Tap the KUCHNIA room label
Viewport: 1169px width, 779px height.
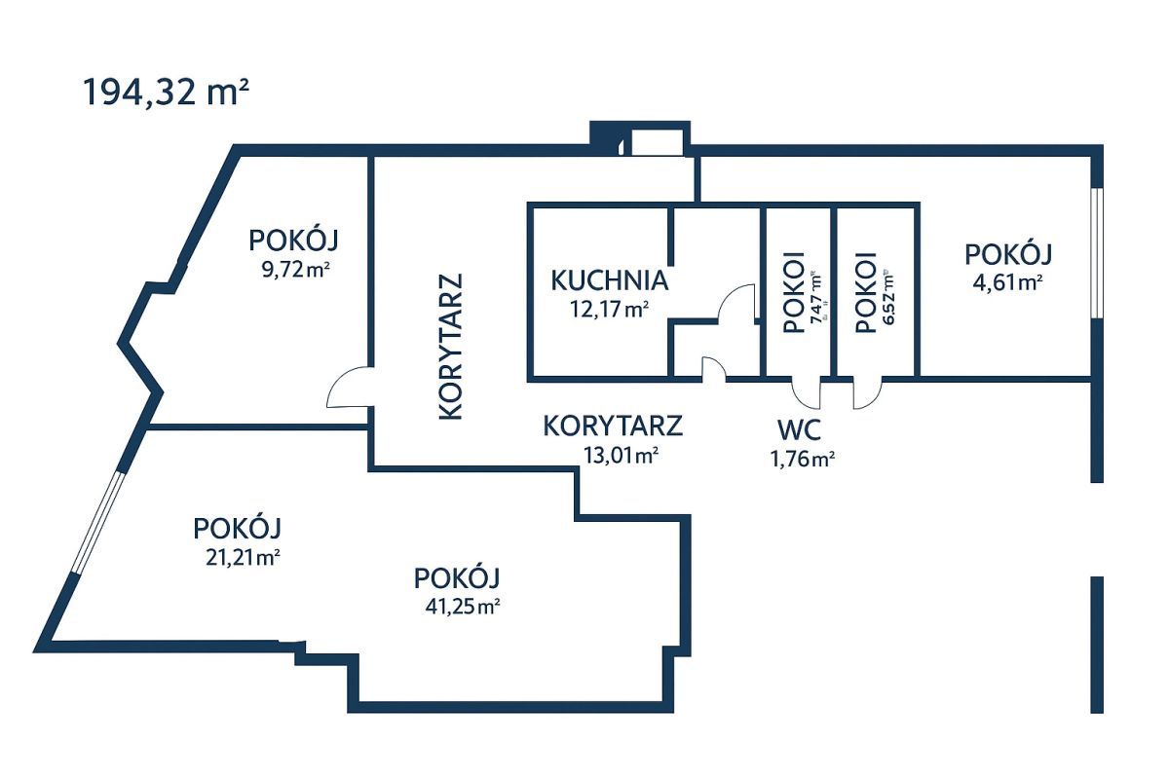(x=610, y=280)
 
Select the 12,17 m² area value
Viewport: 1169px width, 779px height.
(x=610, y=310)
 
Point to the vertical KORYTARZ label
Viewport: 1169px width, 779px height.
(x=450, y=346)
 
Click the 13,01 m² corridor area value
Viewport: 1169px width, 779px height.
(x=613, y=455)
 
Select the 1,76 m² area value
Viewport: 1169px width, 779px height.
(x=802, y=459)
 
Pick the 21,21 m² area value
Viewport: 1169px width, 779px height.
(x=237, y=558)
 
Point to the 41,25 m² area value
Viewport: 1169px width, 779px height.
(x=457, y=606)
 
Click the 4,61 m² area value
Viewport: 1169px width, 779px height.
(x=1008, y=282)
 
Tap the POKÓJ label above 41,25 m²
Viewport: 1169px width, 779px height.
(x=457, y=576)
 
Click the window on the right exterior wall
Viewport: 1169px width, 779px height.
(x=1096, y=252)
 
